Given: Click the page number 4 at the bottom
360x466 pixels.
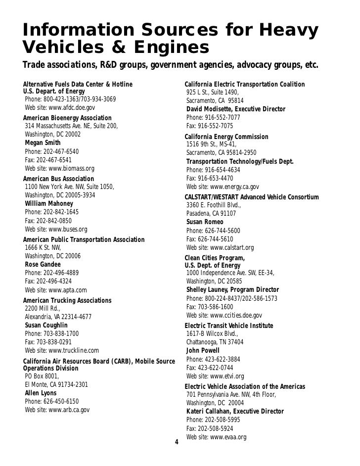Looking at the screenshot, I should (177, 442).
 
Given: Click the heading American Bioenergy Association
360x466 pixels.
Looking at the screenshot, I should (67, 118).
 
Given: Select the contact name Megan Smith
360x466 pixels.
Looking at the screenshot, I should (43, 143).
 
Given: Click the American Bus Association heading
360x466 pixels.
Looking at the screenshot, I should (58, 179).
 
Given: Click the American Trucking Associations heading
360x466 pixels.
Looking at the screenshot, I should (67, 301).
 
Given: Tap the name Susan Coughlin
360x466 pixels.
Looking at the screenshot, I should (46, 326).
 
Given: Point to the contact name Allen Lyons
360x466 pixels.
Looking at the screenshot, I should (41, 393).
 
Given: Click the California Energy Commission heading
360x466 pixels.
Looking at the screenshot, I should (226, 137).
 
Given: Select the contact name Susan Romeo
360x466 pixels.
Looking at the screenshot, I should (205, 222).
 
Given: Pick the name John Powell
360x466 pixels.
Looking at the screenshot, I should (203, 351).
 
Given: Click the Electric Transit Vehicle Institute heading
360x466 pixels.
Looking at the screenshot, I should (228, 326).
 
